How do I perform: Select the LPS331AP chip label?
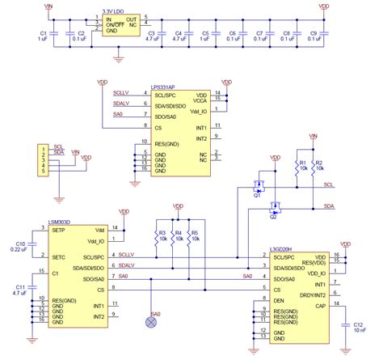coord(164,84)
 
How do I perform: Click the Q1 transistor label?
coord(257,196)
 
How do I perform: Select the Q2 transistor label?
coord(274,218)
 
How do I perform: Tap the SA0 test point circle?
coord(149,322)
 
